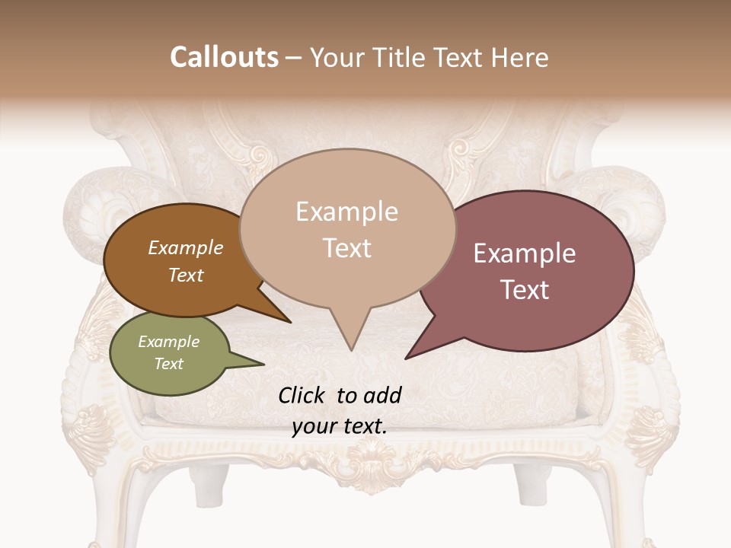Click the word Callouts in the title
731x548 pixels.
coord(224,57)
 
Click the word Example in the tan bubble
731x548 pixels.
coord(346,212)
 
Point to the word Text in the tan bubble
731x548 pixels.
coord(346,247)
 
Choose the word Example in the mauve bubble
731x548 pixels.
coord(525,253)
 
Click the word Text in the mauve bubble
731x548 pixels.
coord(525,289)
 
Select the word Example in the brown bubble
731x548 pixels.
coord(185,247)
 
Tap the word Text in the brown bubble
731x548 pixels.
coord(185,275)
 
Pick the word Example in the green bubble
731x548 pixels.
coord(168,342)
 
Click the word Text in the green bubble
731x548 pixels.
coord(168,363)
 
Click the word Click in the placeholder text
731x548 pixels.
coord(303,395)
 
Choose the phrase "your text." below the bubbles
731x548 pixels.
coord(339,426)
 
